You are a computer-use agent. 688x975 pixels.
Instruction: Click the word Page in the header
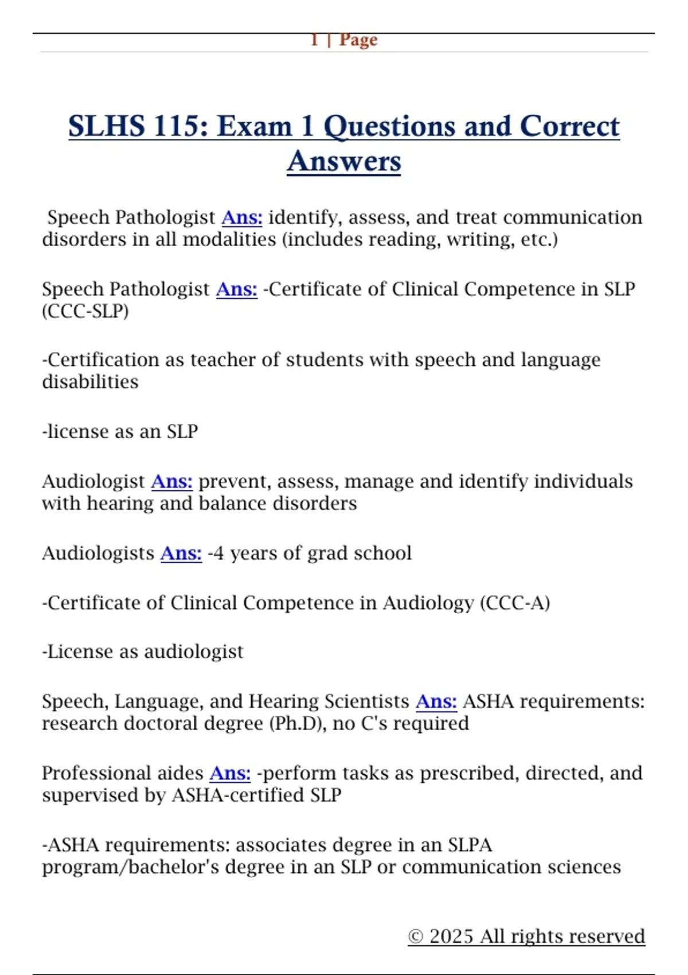point(358,40)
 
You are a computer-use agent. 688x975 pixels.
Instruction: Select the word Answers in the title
point(344,161)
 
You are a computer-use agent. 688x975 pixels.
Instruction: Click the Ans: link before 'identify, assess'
point(242,217)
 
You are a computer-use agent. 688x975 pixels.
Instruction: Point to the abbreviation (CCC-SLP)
point(85,311)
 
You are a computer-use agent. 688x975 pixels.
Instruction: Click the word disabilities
point(90,381)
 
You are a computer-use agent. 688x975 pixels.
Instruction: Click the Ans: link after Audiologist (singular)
point(171,481)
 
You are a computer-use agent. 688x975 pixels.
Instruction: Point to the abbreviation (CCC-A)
point(515,603)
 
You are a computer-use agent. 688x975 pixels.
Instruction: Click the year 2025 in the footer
point(451,936)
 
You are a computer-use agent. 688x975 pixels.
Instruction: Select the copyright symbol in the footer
point(416,937)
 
